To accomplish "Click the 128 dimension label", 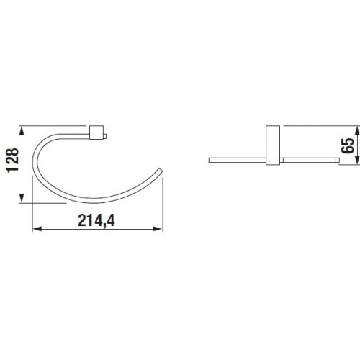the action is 12,160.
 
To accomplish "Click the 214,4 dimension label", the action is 96,221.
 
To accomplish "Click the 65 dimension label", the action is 347,145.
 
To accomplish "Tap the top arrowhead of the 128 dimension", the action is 22,131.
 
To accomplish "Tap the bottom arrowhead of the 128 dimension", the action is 22,198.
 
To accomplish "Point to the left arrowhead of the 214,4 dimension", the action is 37,229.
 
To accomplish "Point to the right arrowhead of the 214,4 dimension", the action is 158,229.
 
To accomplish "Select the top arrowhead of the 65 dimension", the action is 357,130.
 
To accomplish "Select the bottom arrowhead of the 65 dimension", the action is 357,160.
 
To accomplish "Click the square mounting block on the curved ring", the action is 96,132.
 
